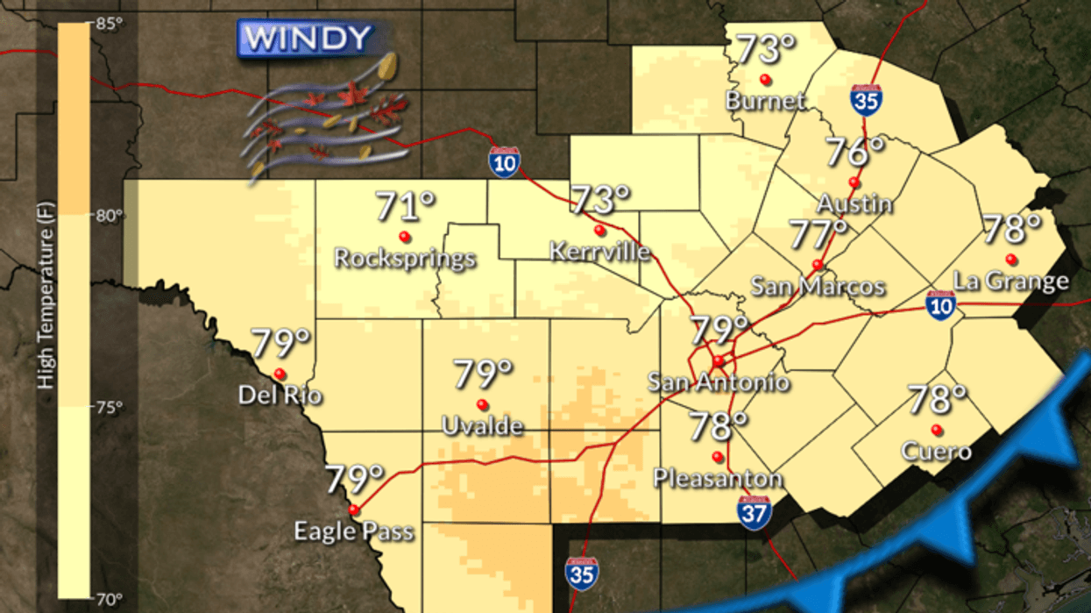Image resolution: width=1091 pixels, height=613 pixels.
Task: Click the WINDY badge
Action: coord(304,39)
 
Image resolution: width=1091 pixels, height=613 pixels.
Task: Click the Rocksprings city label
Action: coord(406,259)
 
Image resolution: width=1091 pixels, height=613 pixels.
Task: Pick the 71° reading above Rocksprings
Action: coord(406,208)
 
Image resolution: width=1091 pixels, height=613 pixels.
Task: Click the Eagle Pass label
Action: coord(353,531)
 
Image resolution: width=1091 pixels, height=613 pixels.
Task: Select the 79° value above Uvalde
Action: coord(483,375)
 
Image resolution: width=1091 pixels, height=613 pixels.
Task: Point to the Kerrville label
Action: coord(600,253)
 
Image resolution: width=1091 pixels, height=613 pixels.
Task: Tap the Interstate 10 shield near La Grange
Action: coord(940,305)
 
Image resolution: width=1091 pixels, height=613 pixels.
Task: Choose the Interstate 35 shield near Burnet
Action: coord(865,100)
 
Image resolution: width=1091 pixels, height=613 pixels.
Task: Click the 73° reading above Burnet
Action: coord(757,50)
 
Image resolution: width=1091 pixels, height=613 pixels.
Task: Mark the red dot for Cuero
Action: coord(937,430)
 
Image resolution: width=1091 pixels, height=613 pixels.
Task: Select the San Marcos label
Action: coord(818,287)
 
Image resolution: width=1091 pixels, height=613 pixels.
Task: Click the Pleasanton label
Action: coord(718,479)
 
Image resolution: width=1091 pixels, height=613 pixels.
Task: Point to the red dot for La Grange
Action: coord(1011,259)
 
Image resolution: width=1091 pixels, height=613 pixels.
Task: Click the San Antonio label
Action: coord(718,382)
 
